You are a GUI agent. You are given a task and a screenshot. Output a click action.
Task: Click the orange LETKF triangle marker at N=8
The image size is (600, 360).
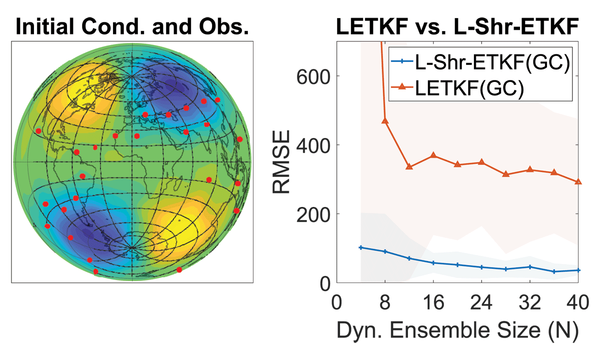[385, 120]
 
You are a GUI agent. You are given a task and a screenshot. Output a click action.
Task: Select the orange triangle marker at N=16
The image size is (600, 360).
[433, 155]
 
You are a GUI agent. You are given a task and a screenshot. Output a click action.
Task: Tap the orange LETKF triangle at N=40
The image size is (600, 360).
[578, 181]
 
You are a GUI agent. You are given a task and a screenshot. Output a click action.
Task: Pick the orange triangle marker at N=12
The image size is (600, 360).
[409, 166]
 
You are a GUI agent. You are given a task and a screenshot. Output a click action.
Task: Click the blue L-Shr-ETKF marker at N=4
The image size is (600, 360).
[361, 247]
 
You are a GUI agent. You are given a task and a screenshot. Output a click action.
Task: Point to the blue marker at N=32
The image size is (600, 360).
[530, 267]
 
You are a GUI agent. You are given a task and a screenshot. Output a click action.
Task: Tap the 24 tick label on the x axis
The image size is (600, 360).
[481, 302]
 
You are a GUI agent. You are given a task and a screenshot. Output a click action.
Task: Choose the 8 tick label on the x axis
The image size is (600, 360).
[385, 302]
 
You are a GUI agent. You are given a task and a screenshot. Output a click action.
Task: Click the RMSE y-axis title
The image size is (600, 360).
[281, 161]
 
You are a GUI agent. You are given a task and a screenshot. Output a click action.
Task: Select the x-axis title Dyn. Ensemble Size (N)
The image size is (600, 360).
[457, 331]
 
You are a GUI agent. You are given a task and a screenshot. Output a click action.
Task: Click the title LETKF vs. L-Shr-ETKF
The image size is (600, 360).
[457, 27]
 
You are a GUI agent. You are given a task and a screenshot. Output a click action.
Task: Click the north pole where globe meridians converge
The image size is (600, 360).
[132, 76]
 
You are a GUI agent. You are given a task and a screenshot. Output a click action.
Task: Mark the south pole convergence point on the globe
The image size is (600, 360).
[132, 248]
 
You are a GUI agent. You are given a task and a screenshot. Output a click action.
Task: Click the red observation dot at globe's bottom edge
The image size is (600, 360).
[179, 269]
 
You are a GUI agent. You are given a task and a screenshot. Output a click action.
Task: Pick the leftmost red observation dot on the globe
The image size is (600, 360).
[38, 131]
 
